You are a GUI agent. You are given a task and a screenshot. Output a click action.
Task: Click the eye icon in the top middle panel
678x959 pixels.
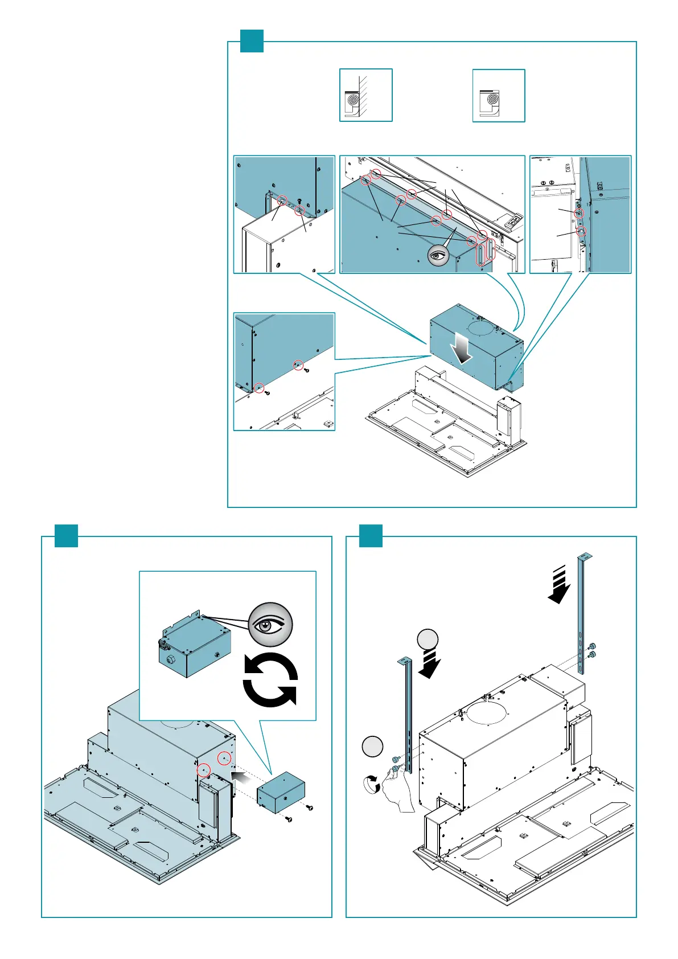click(x=438, y=256)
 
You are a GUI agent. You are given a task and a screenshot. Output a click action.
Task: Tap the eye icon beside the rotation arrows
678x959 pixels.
click(x=270, y=624)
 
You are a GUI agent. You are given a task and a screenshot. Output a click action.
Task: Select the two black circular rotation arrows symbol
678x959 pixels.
click(x=270, y=680)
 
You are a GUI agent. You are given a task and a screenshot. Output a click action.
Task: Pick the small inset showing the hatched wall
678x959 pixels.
click(x=366, y=95)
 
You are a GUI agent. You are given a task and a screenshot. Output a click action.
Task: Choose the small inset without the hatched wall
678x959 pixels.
click(x=499, y=95)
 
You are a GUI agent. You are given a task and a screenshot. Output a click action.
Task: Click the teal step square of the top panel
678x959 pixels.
click(x=252, y=41)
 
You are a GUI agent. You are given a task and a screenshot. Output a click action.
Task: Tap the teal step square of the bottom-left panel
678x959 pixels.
click(x=66, y=536)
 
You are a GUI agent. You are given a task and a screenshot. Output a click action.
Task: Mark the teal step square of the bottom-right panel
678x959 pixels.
click(x=371, y=536)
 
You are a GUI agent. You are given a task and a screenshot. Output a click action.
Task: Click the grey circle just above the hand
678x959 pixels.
click(x=372, y=747)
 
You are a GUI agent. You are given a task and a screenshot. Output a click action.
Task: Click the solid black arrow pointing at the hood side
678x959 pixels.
click(x=241, y=776)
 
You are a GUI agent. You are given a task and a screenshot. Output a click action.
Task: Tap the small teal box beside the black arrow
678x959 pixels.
click(x=281, y=792)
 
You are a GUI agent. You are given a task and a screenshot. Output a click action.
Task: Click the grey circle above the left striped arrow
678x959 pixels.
click(x=428, y=640)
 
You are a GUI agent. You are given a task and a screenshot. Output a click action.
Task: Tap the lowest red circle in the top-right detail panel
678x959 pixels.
click(x=581, y=232)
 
